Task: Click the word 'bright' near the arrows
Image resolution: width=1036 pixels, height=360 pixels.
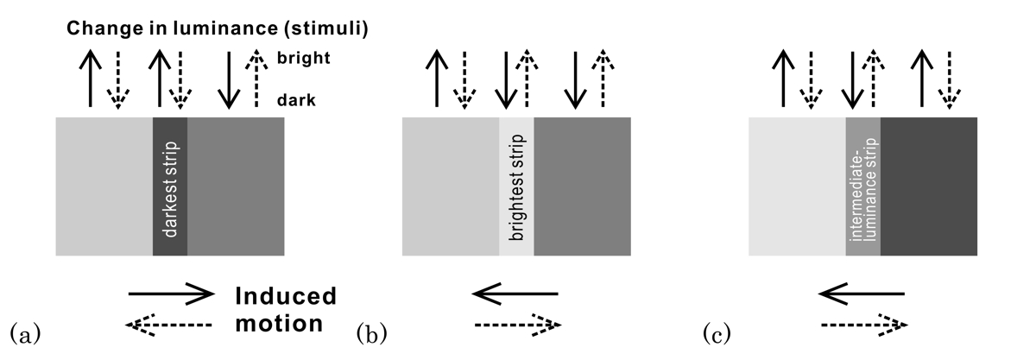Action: pyautogui.click(x=302, y=60)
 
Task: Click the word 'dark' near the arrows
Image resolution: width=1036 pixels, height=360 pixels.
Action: pyautogui.click(x=296, y=100)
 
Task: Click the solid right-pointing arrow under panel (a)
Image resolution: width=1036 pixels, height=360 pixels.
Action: pyautogui.click(x=170, y=295)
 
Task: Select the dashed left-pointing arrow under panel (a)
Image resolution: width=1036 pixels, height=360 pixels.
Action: pyautogui.click(x=169, y=325)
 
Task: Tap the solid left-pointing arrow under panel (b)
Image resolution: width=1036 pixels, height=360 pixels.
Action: pyautogui.click(x=515, y=295)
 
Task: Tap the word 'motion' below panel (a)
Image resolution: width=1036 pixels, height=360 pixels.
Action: pyautogui.click(x=280, y=325)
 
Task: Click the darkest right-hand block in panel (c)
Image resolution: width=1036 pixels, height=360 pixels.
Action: pyautogui.click(x=929, y=186)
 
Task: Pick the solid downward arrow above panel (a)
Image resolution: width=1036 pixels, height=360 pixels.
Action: pyautogui.click(x=228, y=79)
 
